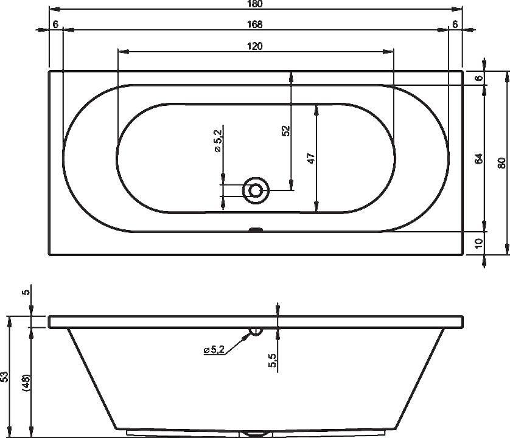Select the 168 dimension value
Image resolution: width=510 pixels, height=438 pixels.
pos(254,24)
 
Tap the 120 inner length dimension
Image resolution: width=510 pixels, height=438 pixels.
pos(254,46)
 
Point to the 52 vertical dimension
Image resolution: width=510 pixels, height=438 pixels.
pos(286,131)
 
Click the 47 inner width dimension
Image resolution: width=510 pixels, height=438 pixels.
pos(311,158)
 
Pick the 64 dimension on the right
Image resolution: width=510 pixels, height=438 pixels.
pos(479,159)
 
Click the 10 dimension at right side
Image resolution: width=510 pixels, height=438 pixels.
pos(479,243)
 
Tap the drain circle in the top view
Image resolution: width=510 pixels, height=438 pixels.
pos(256,190)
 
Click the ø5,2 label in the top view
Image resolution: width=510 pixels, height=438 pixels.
pos(218,141)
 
